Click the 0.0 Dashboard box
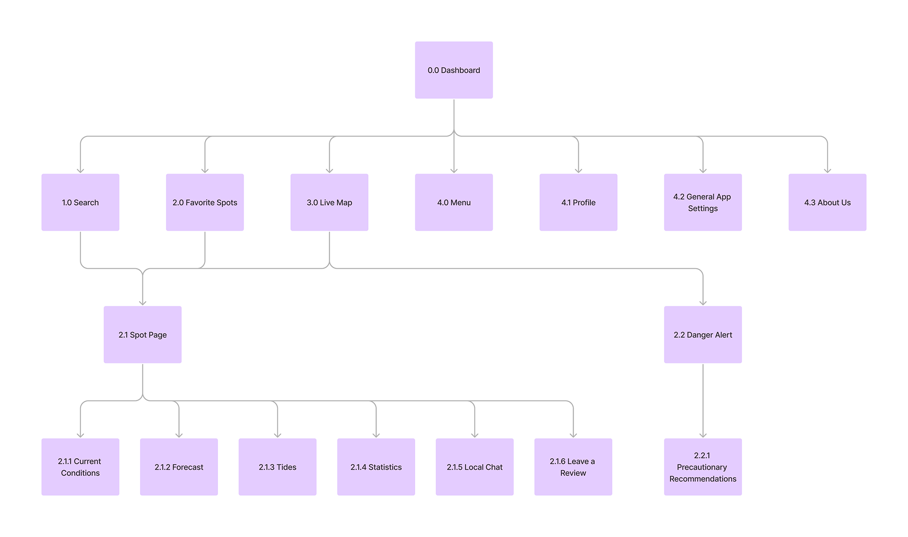click(454, 70)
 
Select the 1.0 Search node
click(80, 202)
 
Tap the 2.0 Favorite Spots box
click(205, 202)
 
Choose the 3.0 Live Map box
click(329, 202)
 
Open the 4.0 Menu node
click(454, 202)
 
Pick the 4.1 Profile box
click(578, 202)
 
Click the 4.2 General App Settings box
click(702, 202)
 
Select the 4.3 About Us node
click(827, 202)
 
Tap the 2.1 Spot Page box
click(142, 335)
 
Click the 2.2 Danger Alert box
click(702, 335)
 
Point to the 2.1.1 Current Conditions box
click(80, 467)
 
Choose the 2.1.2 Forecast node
click(179, 467)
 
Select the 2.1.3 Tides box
click(277, 467)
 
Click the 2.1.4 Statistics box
click(376, 467)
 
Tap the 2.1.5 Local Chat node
click(474, 467)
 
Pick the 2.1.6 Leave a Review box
click(573, 467)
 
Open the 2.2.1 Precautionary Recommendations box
click(702, 467)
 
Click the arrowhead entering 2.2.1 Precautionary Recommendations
click(703, 435)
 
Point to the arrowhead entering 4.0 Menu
click(454, 170)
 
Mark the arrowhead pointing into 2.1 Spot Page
click(143, 303)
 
